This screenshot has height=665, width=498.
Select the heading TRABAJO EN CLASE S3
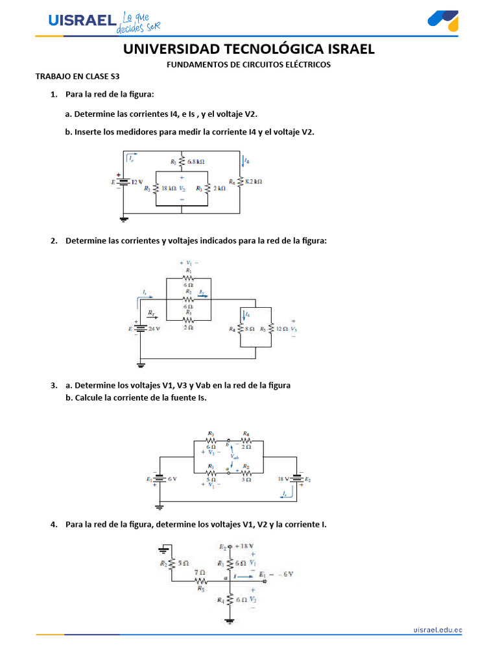point(77,76)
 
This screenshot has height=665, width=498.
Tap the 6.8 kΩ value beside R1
point(197,162)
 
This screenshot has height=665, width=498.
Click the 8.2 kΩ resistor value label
point(253,182)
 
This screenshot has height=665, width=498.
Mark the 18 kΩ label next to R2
point(169,188)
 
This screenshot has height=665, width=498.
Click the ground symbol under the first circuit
point(124,219)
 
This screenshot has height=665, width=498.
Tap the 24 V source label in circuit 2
point(154,329)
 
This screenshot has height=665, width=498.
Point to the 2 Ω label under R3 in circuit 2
point(189,327)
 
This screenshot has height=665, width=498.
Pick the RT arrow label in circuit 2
point(152,313)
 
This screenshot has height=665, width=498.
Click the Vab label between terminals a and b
point(235,457)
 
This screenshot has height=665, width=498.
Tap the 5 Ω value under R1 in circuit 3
point(211,479)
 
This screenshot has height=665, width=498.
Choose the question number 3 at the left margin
point(54,385)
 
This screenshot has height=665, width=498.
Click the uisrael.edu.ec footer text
point(438,629)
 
